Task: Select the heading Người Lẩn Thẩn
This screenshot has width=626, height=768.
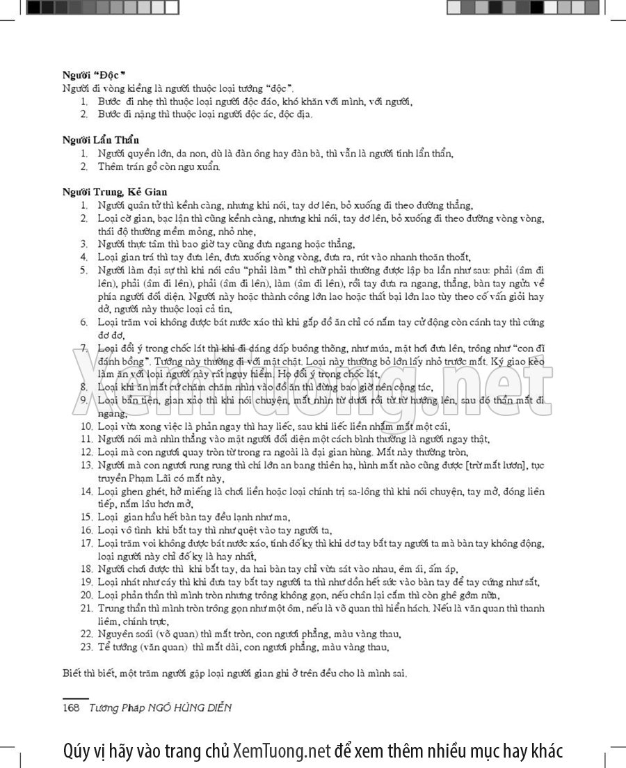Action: coord(100,140)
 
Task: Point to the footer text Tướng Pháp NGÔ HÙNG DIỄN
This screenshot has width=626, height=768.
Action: coord(160,707)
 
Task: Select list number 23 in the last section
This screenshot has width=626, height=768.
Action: coord(86,647)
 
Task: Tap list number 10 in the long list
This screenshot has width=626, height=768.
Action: coord(86,426)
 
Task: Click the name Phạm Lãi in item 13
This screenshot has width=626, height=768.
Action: coord(163,478)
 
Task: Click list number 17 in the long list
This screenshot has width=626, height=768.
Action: coord(86,543)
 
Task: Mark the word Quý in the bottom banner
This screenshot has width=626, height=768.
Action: coord(74,751)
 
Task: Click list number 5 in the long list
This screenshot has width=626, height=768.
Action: coord(83,270)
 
